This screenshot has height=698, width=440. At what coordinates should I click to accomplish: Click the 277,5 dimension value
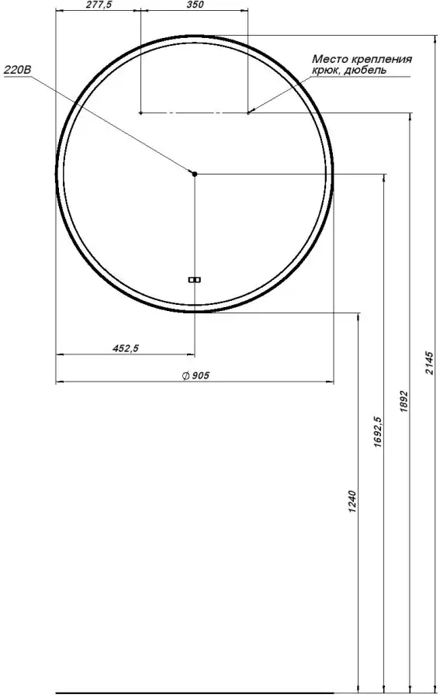[x=99, y=5]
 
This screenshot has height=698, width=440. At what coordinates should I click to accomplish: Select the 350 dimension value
[x=195, y=5]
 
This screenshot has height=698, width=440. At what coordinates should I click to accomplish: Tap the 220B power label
[x=18, y=70]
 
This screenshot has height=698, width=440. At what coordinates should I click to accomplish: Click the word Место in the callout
[x=327, y=59]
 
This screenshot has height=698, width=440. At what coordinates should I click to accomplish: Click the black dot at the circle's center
[x=195, y=174]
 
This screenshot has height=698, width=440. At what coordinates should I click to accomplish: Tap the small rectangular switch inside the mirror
[x=195, y=279]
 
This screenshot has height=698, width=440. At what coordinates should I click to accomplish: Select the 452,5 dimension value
[x=126, y=348]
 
